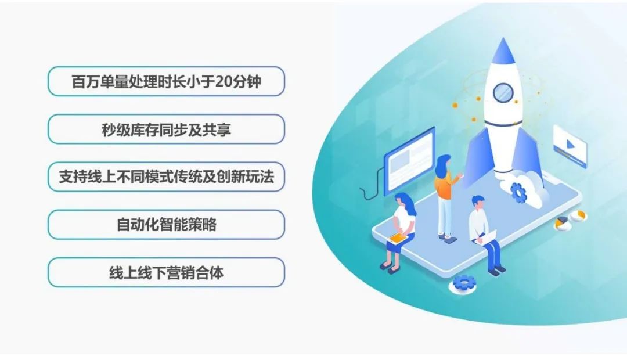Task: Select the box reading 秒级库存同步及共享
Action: pos(167,129)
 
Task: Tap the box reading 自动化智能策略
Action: pos(167,224)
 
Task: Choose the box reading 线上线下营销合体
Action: pos(167,272)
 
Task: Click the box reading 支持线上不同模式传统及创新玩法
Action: pos(167,177)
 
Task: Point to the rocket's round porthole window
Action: pos(503,93)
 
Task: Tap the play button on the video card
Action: pos(570,143)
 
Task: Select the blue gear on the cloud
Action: pos(518,192)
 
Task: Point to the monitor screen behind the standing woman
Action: pos(409,160)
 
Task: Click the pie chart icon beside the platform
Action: pos(563,223)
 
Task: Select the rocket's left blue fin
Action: pos(477,156)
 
